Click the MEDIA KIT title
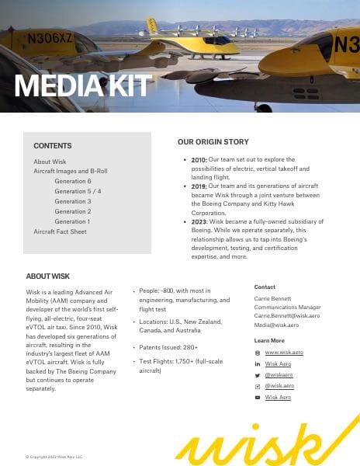(83, 86)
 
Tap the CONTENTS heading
(53, 146)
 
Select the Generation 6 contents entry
(73, 181)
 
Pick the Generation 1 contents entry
(72, 221)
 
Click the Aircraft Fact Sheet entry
(60, 231)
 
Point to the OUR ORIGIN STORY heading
(213, 142)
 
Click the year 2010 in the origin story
(199, 159)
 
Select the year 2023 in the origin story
(199, 221)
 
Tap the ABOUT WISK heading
(48, 276)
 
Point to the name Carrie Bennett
(271, 298)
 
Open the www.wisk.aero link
(284, 353)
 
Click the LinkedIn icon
(258, 363)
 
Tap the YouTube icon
(258, 398)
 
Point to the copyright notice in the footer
(54, 457)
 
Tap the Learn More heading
(269, 341)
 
